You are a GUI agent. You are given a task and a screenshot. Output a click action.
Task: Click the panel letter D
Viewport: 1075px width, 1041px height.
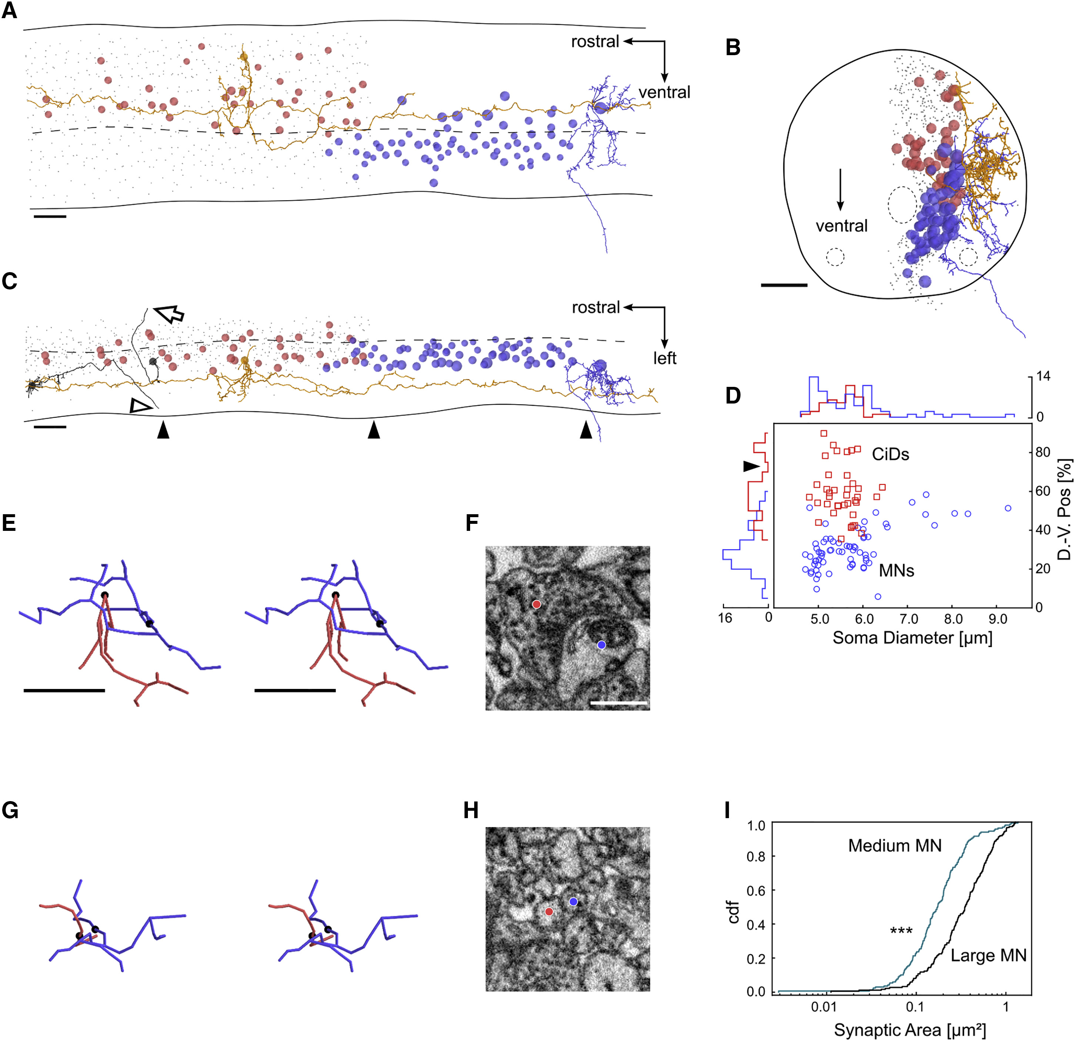733,395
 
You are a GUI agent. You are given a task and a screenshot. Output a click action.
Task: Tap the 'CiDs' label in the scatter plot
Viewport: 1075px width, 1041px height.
890,454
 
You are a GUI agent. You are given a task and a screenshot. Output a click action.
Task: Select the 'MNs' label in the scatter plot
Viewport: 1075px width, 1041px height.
896,570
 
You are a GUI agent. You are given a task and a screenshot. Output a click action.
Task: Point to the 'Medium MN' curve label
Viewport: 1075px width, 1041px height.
895,845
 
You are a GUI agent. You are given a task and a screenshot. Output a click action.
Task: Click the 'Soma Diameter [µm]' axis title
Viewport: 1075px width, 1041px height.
912,637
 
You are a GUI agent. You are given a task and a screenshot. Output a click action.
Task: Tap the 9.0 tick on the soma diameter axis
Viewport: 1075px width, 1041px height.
997,619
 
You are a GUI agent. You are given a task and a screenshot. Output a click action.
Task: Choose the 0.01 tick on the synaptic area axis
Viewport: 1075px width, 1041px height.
823,1007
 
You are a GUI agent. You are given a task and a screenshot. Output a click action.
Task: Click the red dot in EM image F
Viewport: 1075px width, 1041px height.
536,604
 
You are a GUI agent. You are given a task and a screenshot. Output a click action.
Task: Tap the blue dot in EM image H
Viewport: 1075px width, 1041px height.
573,901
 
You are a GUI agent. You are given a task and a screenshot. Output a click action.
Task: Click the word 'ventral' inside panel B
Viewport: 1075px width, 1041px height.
841,225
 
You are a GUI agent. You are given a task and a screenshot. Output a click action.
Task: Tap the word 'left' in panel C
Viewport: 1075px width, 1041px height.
664,358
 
